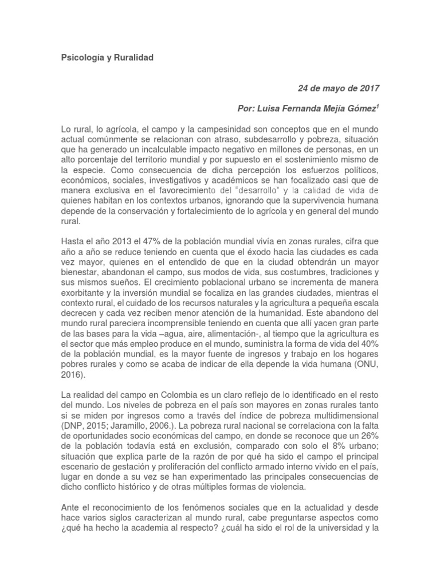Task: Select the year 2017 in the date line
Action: (x=368, y=89)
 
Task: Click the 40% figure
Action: (x=367, y=345)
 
